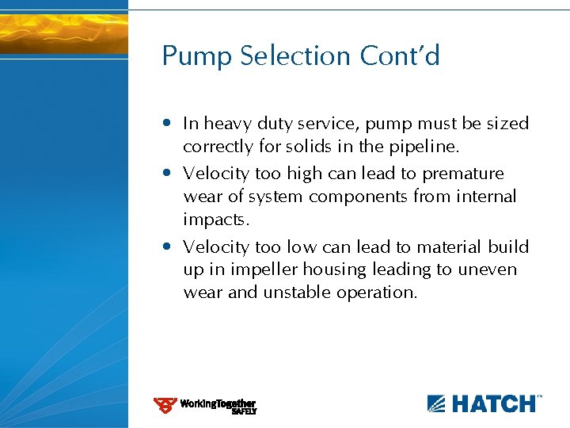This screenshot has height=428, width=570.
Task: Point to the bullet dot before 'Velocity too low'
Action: (168, 247)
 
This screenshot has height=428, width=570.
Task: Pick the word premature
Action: (463, 174)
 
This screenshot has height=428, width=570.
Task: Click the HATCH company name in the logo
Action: (493, 403)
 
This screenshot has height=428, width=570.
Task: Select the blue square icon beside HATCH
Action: (437, 403)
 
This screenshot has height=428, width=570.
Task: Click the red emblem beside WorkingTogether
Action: (165, 406)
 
